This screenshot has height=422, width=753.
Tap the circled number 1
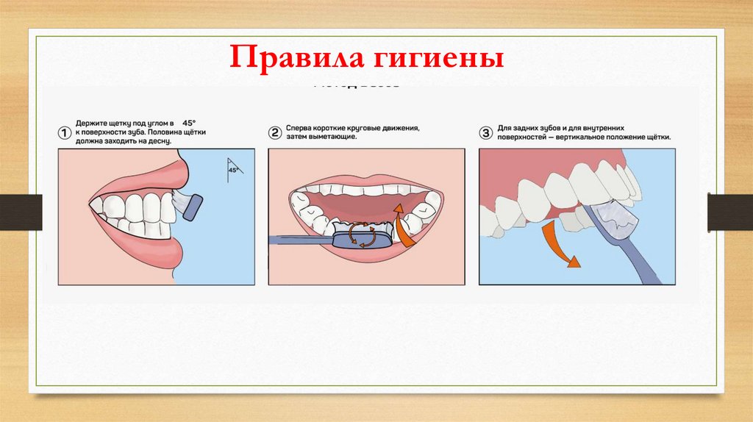pos(65,132)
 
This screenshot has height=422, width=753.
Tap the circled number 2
pos(275,132)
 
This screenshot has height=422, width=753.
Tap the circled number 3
pos(485,132)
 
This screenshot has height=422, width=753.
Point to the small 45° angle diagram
pos(233,168)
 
